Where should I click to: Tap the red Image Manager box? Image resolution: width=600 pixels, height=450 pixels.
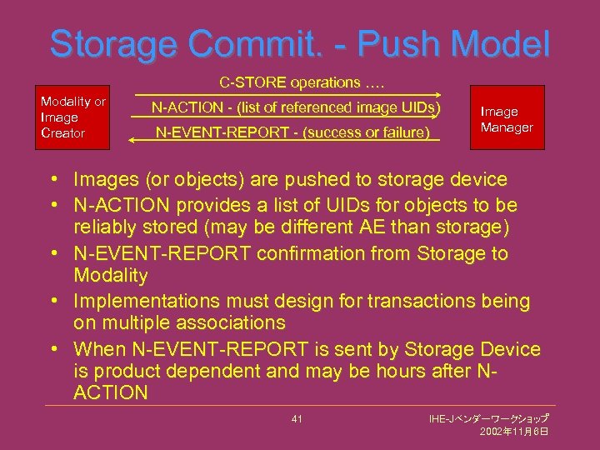[507, 118]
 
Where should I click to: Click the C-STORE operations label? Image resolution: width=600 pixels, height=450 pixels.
[302, 83]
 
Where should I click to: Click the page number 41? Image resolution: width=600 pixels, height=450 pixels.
[297, 418]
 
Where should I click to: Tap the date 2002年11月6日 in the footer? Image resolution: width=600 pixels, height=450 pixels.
[514, 432]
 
